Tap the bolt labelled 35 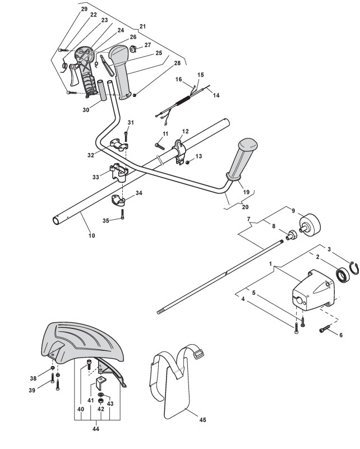(x=122, y=215)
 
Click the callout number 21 (x=142, y=26)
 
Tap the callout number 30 (x=85, y=110)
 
